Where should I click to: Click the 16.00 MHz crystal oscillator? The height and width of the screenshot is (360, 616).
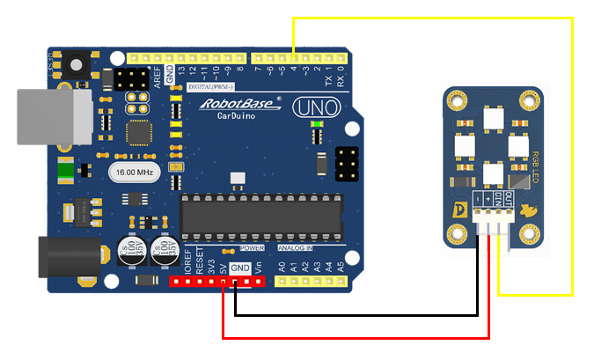133,173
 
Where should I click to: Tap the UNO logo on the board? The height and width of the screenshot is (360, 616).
308,108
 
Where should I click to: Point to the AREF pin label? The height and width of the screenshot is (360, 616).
158,76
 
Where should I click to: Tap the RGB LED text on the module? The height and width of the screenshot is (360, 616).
534,167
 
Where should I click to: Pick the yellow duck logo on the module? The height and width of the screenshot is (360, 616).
528,211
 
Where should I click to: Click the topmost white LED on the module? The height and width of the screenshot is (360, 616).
493,116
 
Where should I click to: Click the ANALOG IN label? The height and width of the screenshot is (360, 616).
300,249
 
